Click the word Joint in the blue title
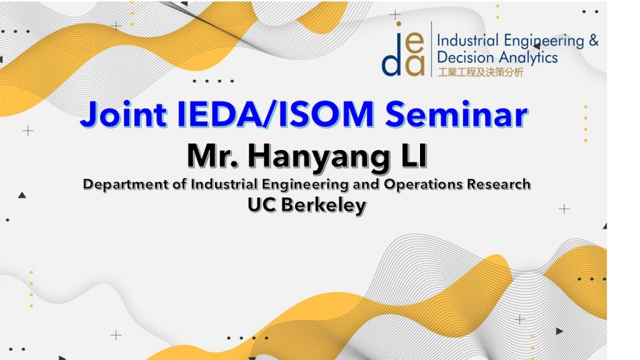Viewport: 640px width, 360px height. (124, 115)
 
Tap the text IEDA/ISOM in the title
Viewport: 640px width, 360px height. (276, 114)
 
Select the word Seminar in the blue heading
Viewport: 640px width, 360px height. (456, 114)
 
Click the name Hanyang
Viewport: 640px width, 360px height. (319, 157)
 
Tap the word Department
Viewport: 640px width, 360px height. (125, 184)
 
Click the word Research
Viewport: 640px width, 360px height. (499, 184)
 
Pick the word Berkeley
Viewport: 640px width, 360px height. (324, 205)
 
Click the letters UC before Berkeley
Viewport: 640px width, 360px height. (262, 205)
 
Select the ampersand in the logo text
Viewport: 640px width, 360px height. (594, 41)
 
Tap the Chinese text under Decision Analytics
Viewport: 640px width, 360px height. (481, 72)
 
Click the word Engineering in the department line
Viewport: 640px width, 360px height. (304, 184)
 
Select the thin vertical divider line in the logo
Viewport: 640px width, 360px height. (431, 49)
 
